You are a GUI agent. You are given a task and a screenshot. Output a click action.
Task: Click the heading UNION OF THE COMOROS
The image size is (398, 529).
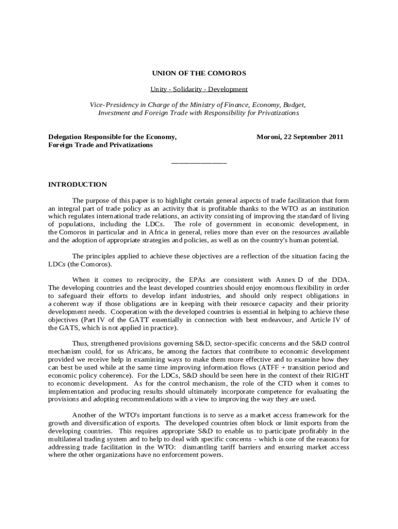click(198, 73)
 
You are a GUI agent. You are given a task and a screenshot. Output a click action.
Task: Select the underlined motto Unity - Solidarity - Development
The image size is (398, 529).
click(198, 89)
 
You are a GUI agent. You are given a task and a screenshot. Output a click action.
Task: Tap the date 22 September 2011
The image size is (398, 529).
click(314, 137)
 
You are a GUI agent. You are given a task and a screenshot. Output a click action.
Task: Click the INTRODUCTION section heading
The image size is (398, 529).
click(78, 184)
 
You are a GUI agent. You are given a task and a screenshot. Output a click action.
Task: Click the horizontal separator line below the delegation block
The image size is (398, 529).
click(198, 163)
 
